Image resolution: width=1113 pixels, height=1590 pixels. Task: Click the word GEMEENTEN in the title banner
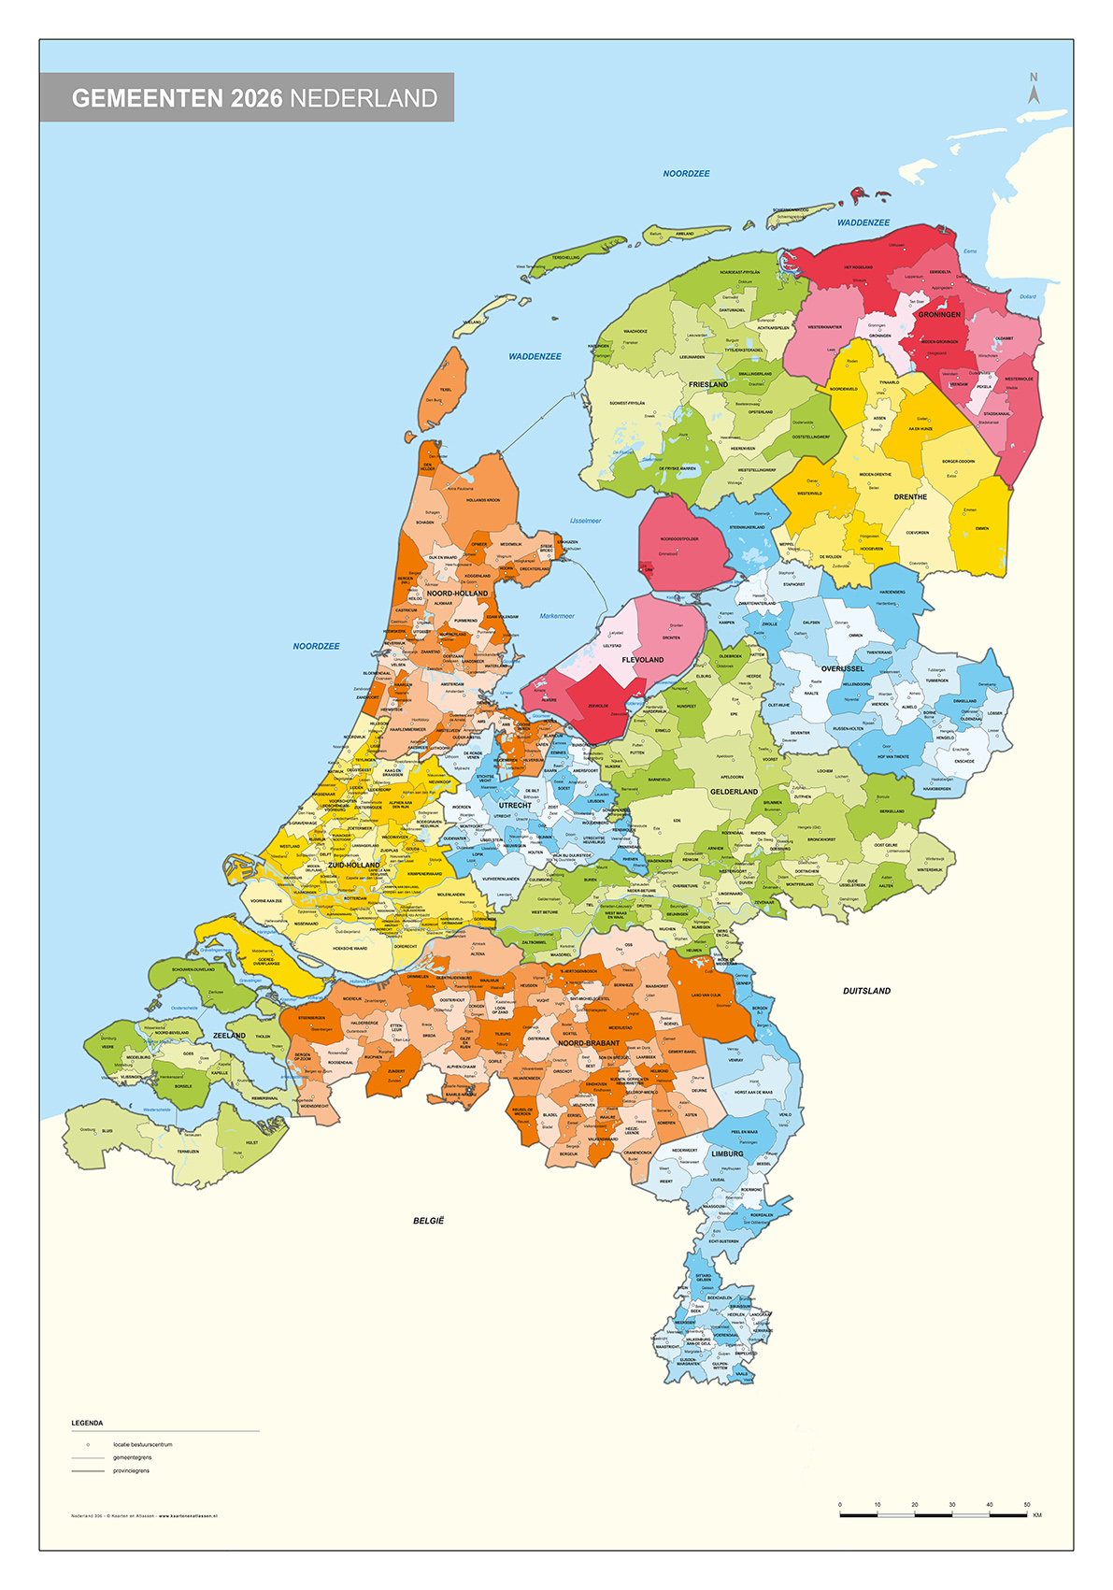pyautogui.click(x=147, y=98)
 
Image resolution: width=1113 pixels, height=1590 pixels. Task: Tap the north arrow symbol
pyautogui.click(x=1034, y=93)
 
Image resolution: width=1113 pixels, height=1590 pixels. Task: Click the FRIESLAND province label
pyautogui.click(x=707, y=384)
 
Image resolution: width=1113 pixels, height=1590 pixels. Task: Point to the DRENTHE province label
pyautogui.click(x=909, y=497)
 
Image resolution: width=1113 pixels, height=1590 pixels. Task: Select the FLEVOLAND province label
pyautogui.click(x=642, y=660)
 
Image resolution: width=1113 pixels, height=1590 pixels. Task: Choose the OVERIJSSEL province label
pyautogui.click(x=842, y=669)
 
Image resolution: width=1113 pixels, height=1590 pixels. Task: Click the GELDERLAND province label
pyautogui.click(x=734, y=792)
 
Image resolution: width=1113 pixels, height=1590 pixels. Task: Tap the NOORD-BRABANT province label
pyautogui.click(x=589, y=1043)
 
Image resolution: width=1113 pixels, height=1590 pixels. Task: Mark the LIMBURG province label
pyautogui.click(x=727, y=1153)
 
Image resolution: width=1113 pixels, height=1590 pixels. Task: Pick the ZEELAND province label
pyautogui.click(x=229, y=1036)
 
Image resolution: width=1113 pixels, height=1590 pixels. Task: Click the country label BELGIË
pyautogui.click(x=429, y=1221)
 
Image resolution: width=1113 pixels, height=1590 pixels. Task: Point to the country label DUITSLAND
pyautogui.click(x=866, y=991)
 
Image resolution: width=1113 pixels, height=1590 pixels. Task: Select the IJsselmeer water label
pyautogui.click(x=585, y=521)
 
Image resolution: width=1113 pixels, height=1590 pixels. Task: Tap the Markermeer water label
pyautogui.click(x=557, y=616)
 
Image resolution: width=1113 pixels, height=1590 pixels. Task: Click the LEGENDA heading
pyautogui.click(x=87, y=1423)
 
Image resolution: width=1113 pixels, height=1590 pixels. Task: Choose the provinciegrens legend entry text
pyautogui.click(x=131, y=1470)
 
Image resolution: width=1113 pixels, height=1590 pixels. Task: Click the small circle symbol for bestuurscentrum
pyautogui.click(x=87, y=1444)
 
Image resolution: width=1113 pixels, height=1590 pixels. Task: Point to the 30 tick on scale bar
pyautogui.click(x=951, y=1505)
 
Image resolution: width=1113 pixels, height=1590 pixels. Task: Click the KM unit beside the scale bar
pyautogui.click(x=1037, y=1515)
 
